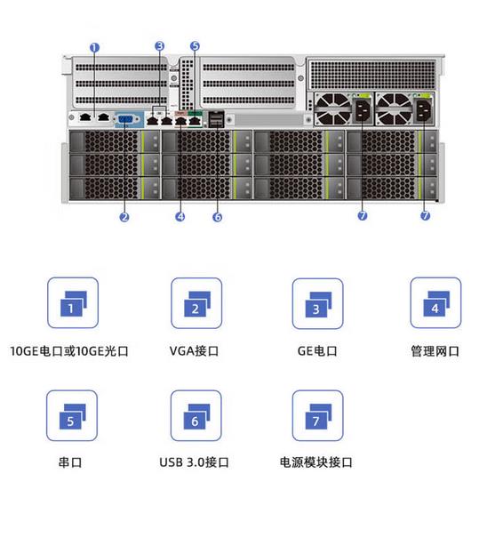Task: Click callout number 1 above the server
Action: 94,48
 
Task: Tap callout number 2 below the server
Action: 124,217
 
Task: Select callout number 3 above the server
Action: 160,46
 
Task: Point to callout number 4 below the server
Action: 180,216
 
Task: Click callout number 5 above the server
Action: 195,46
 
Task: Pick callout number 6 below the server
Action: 218,217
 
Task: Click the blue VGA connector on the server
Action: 126,119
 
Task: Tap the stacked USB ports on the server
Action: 216,119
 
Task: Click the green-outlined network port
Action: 195,119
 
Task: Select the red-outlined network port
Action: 181,119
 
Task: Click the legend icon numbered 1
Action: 73,303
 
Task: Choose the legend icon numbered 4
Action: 435,303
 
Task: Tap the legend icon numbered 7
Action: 317,415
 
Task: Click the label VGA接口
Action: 194,351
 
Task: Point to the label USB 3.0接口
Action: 194,462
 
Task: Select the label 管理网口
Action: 435,351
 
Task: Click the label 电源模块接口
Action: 316,462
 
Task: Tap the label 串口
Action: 70,462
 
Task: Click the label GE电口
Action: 317,351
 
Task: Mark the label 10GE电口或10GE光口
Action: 69,351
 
